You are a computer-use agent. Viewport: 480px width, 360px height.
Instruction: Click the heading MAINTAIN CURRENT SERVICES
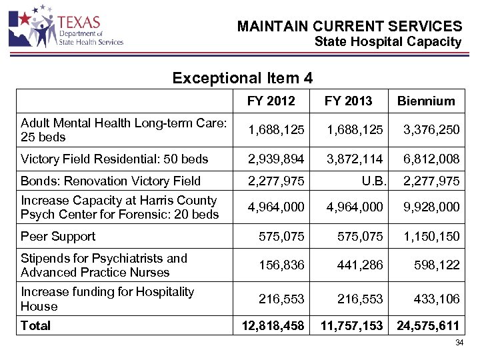349,27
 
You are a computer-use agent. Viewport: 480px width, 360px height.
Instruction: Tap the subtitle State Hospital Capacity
387,42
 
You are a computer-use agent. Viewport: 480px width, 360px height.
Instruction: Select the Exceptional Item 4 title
242,78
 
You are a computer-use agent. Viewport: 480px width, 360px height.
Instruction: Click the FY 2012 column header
270,101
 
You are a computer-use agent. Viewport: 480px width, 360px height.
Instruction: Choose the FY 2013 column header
348,101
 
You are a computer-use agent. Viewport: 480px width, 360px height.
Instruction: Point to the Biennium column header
426,101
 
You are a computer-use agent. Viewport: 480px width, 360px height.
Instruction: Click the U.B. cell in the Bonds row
371,181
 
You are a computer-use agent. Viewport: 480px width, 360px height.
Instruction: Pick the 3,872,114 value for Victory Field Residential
354,159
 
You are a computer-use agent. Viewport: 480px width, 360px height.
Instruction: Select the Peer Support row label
58,236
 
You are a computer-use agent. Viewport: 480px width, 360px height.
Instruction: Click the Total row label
35,325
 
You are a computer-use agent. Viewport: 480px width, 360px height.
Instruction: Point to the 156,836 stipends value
282,265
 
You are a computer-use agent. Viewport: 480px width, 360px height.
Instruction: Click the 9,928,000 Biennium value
430,207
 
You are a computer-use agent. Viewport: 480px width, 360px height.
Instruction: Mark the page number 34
459,343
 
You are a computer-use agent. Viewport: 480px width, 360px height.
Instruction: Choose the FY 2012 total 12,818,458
271,325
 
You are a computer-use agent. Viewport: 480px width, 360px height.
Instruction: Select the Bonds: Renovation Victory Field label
111,181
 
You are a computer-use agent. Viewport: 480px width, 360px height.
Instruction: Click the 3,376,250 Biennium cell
430,129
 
